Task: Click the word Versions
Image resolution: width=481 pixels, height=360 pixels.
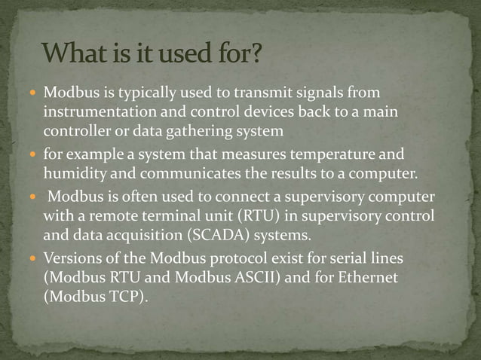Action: click(72, 258)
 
